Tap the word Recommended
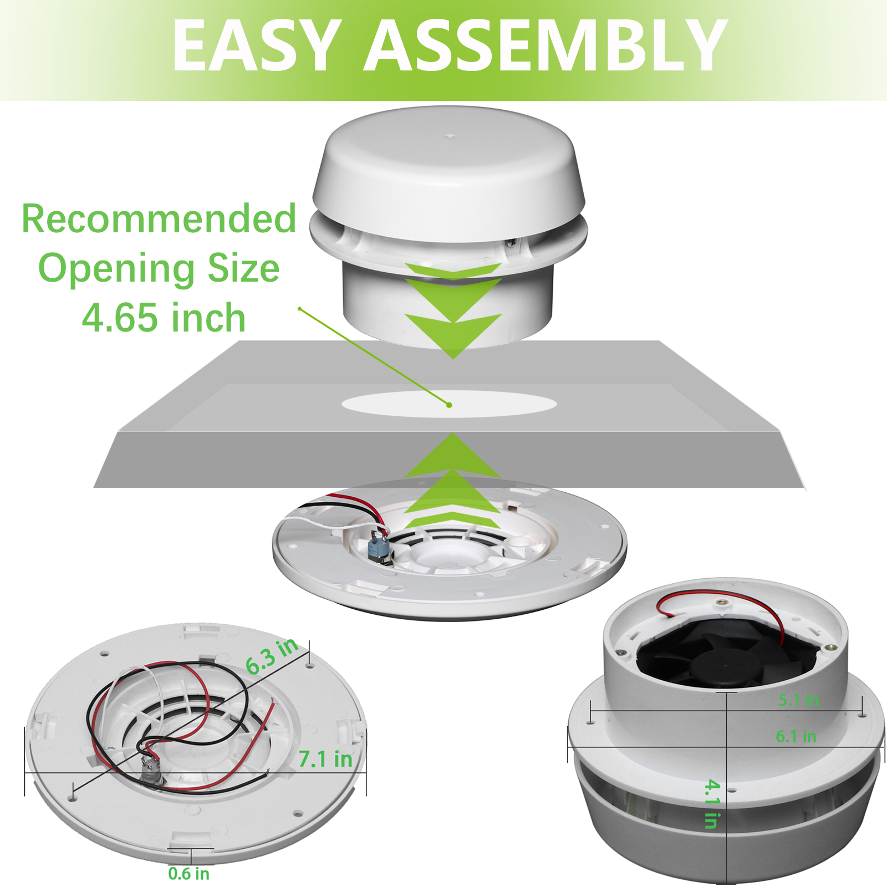tap(159, 218)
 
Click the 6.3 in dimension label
tap(272, 655)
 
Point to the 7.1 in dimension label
tap(325, 759)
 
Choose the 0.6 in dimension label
tap(188, 874)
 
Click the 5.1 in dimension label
tap(799, 700)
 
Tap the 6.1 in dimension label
tap(796, 736)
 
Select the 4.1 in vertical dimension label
tap(712, 804)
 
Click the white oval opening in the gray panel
tap(449, 404)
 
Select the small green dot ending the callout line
tap(449, 405)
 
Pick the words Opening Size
tap(159, 268)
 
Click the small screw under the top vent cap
tap(512, 242)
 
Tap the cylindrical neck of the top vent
tap(448, 302)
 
